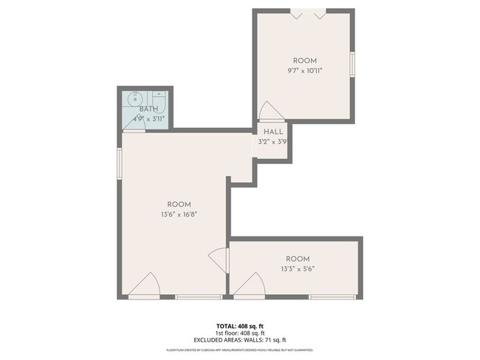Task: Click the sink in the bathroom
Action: coord(135,98)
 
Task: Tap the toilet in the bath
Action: coord(158,99)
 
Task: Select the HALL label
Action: coord(273,132)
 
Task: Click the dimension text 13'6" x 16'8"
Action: coord(179,214)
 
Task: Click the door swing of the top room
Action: coord(270,112)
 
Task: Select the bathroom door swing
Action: coord(135,126)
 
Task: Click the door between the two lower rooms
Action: coord(219,261)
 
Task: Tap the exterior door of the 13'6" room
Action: coord(146,286)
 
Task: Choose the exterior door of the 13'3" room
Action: coord(251,285)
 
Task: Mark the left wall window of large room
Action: coord(119,163)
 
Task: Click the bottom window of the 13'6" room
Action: coord(199,297)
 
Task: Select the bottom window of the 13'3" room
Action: coord(332,297)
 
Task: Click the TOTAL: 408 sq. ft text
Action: coord(240,326)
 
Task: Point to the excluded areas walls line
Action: coord(240,340)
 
